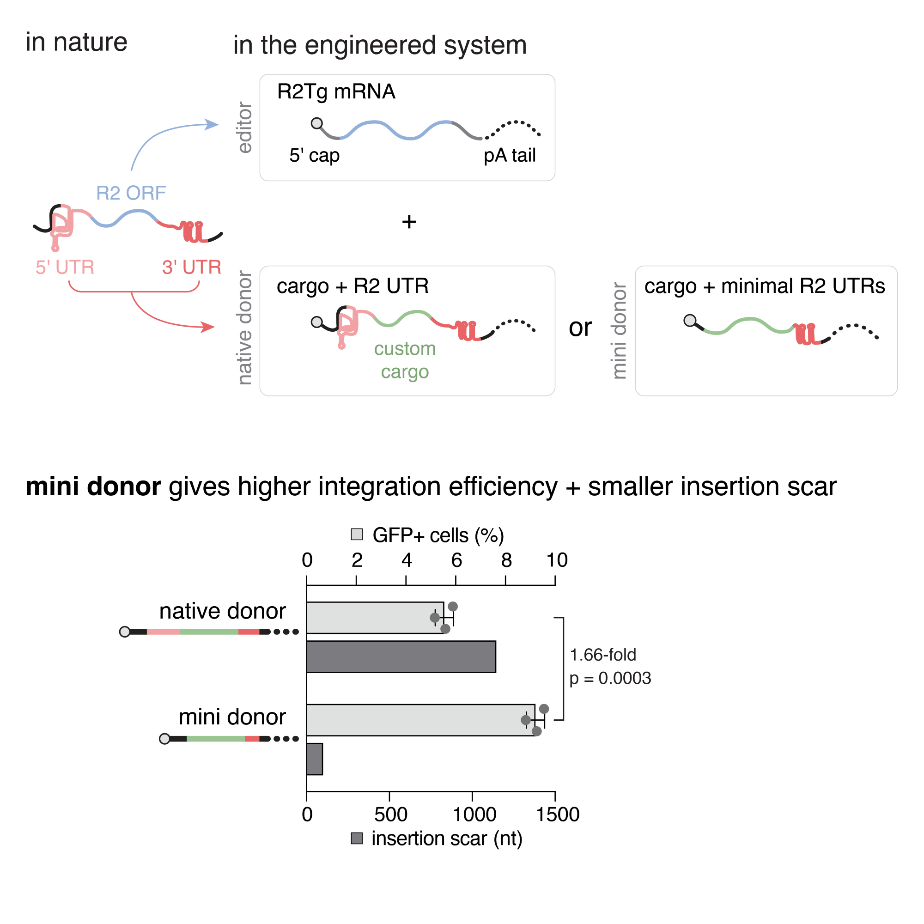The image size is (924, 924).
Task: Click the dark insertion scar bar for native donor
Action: [401, 657]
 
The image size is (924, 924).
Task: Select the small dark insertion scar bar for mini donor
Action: [314, 759]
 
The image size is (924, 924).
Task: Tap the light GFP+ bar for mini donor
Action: [420, 720]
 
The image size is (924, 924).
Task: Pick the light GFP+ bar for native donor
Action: [375, 617]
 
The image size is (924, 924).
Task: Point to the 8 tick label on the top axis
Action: [506, 560]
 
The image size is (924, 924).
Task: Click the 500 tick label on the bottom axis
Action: [391, 815]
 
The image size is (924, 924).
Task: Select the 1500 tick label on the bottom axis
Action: [557, 815]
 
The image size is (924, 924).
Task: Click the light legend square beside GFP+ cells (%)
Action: [357, 534]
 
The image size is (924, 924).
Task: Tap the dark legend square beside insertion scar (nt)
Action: [357, 839]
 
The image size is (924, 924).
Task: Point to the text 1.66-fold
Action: [602, 655]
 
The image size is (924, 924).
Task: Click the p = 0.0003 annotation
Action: [610, 678]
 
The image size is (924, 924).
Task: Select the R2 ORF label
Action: [131, 193]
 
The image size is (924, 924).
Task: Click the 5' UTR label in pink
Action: [65, 267]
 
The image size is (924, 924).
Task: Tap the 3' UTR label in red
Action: [191, 267]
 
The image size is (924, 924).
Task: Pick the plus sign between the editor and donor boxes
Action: [409, 221]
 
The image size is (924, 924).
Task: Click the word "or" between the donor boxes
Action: [580, 328]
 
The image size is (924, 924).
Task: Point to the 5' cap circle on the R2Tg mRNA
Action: [316, 123]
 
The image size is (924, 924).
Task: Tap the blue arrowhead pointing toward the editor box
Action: [212, 124]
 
